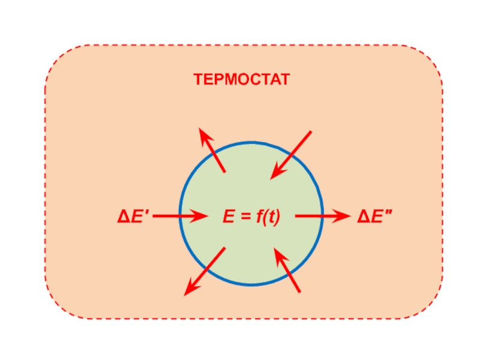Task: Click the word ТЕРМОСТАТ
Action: pyautogui.click(x=241, y=79)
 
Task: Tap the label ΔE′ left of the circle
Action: pyautogui.click(x=133, y=217)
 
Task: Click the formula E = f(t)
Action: pyautogui.click(x=252, y=217)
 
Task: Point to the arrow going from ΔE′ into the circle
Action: pyautogui.click(x=180, y=216)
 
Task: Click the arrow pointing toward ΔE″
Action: pyautogui.click(x=321, y=216)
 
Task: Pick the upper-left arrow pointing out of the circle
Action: pyautogui.click(x=212, y=150)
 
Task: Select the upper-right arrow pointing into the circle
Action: pyautogui.click(x=291, y=155)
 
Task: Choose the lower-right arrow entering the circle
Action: pyautogui.click(x=287, y=271)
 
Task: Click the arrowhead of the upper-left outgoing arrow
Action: pyautogui.click(x=204, y=135)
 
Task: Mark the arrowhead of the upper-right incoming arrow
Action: pyautogui.click(x=275, y=172)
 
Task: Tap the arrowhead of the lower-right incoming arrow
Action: pyautogui.click(x=278, y=255)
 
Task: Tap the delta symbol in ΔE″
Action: pyautogui.click(x=364, y=217)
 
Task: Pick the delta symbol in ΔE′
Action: pyautogui.click(x=123, y=217)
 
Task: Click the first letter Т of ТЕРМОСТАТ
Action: pyautogui.click(x=198, y=79)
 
